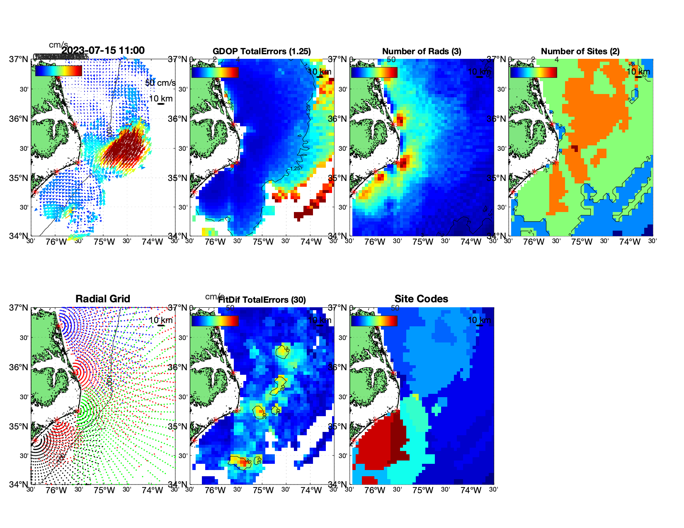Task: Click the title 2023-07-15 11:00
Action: coord(103,51)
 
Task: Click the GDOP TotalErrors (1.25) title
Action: coord(262,51)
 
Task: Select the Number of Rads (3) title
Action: coord(422,51)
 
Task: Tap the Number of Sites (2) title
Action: coord(580,51)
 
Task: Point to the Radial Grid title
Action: coord(103,299)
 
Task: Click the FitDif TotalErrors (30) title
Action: coord(262,300)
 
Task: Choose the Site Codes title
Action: coord(421,299)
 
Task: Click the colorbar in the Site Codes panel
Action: coord(374,321)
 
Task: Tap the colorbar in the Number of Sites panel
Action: coord(534,72)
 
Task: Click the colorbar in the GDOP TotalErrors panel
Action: coord(215,72)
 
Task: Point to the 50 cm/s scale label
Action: coord(160,83)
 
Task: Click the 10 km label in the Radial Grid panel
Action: coord(161,320)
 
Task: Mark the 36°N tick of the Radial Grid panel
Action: coord(19,367)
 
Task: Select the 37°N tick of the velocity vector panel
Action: coord(19,59)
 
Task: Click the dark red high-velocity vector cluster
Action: coord(124,149)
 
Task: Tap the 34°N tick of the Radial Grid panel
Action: coord(19,484)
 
